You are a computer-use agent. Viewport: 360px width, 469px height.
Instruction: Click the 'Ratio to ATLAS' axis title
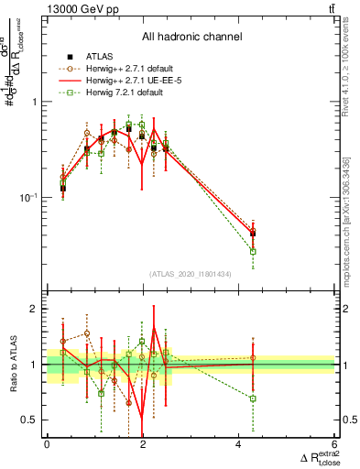(12, 364)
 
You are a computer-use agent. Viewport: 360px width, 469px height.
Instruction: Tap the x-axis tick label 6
(334, 444)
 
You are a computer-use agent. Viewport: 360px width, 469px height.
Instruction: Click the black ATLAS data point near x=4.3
(253, 234)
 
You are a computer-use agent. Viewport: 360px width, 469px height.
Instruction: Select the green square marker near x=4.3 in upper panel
(253, 251)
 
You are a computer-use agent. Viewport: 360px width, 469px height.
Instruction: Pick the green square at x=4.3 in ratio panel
(253, 398)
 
